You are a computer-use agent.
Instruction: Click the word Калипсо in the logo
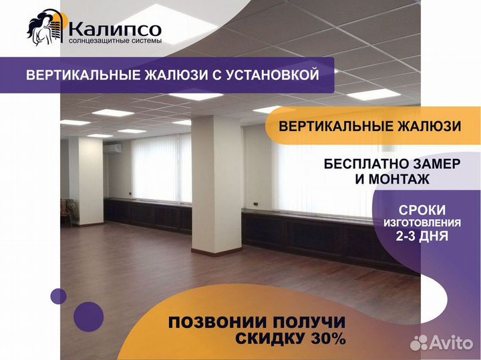pyautogui.click(x=115, y=29)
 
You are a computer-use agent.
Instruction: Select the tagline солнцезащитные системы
pyautogui.click(x=115, y=41)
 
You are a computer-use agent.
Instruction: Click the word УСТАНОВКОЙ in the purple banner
pyautogui.click(x=273, y=75)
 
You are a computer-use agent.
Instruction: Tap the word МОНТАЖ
pyautogui.click(x=399, y=179)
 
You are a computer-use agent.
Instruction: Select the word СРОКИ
pyautogui.click(x=422, y=210)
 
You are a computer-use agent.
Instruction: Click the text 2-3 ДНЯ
pyautogui.click(x=422, y=236)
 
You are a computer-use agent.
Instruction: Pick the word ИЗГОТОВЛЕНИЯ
pyautogui.click(x=422, y=223)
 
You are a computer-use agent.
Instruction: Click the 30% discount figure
pyautogui.click(x=328, y=339)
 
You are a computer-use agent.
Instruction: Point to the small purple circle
pyautogui.click(x=59, y=297)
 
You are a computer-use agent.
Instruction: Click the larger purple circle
pyautogui.click(x=89, y=317)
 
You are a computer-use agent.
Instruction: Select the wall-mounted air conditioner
pyautogui.click(x=113, y=148)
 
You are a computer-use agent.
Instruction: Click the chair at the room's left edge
pyautogui.click(x=67, y=212)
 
